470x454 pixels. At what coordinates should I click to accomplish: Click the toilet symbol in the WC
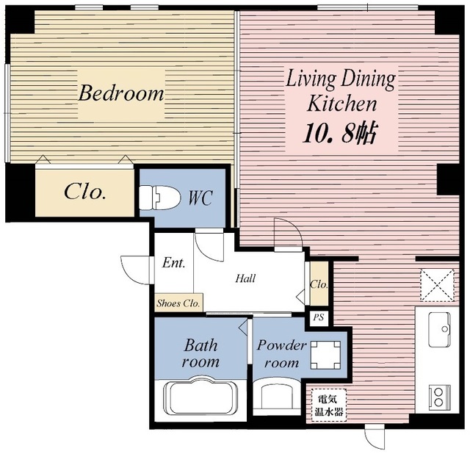(x=160, y=198)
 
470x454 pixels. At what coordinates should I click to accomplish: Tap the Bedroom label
(x=121, y=93)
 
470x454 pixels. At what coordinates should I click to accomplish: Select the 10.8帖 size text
(x=340, y=133)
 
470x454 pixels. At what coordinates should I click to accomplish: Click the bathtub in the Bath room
(x=200, y=397)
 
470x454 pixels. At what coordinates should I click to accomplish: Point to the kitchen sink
(x=439, y=330)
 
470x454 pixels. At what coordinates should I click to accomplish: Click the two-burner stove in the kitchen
(x=439, y=397)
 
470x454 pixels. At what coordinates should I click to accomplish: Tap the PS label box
(x=319, y=317)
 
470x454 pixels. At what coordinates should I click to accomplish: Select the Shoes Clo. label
(x=178, y=303)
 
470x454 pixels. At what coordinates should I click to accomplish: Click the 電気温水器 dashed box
(x=328, y=405)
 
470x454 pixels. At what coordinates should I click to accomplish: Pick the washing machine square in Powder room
(x=325, y=355)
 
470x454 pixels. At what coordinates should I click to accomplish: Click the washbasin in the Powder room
(x=276, y=395)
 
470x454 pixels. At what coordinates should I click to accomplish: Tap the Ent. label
(x=173, y=263)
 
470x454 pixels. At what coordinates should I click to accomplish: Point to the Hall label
(x=245, y=278)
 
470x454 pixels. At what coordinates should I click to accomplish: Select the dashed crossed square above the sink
(x=437, y=285)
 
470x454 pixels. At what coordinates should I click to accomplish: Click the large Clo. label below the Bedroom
(x=85, y=191)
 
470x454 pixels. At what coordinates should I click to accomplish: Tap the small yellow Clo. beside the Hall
(x=319, y=284)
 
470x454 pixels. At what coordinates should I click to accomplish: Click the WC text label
(x=200, y=198)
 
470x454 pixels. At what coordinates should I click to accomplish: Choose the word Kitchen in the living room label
(x=341, y=104)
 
